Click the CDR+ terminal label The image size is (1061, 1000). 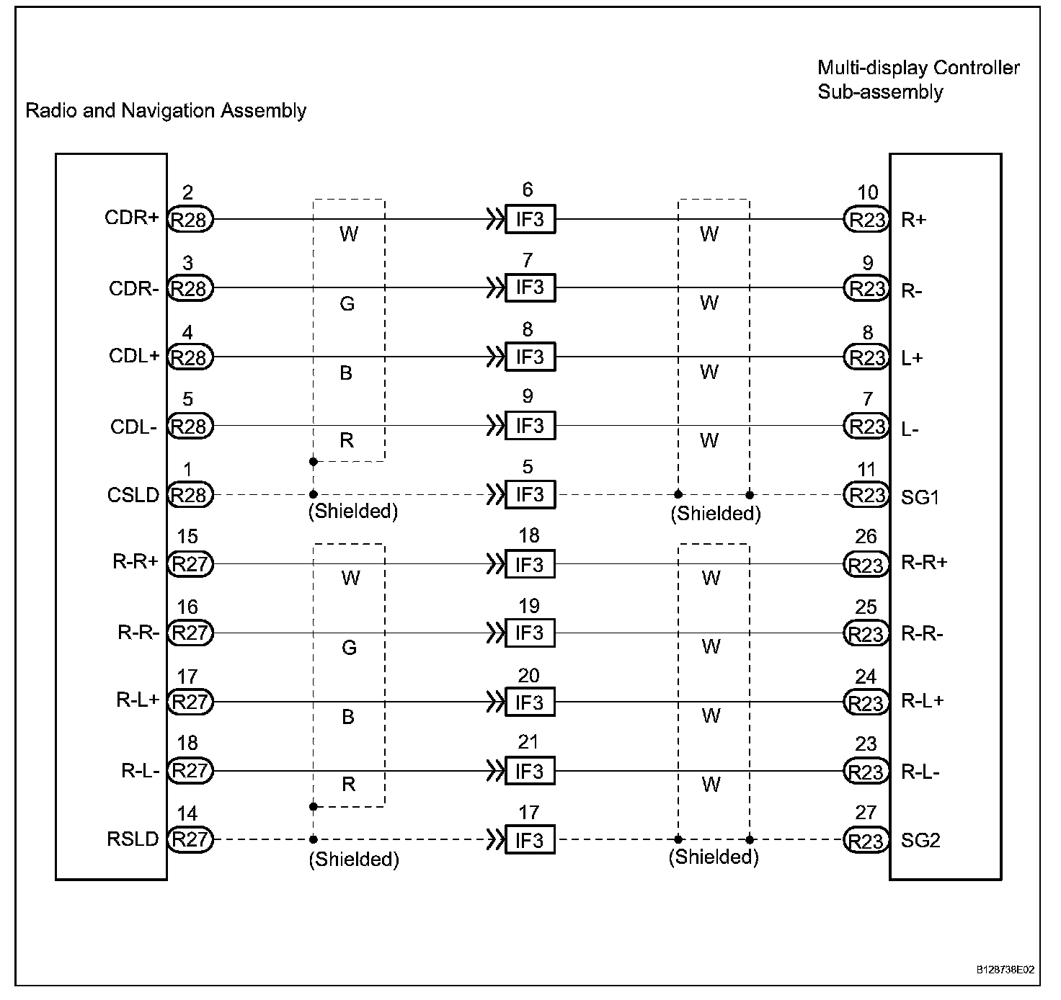(x=131, y=218)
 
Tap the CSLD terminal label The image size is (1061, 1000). (x=133, y=495)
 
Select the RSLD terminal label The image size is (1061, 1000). (x=133, y=839)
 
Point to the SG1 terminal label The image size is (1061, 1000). (x=920, y=497)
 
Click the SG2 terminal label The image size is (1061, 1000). (x=920, y=841)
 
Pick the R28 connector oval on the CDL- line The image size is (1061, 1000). (x=190, y=427)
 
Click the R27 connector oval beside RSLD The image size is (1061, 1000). (x=190, y=840)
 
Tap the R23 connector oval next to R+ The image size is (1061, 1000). (x=866, y=220)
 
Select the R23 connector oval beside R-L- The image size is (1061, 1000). (x=866, y=772)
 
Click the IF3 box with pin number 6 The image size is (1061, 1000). (x=530, y=219)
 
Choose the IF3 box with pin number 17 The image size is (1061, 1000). (x=530, y=840)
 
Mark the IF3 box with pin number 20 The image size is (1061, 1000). (x=530, y=702)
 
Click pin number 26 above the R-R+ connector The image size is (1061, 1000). (x=866, y=537)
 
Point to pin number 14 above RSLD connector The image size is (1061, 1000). (x=187, y=814)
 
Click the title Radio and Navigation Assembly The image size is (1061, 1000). (x=166, y=111)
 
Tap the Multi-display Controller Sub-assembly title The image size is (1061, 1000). (x=918, y=80)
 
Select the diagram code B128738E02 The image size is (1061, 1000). (x=1005, y=970)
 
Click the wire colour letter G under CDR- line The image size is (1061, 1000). (x=347, y=304)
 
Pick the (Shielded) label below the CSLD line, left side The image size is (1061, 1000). (x=353, y=512)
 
